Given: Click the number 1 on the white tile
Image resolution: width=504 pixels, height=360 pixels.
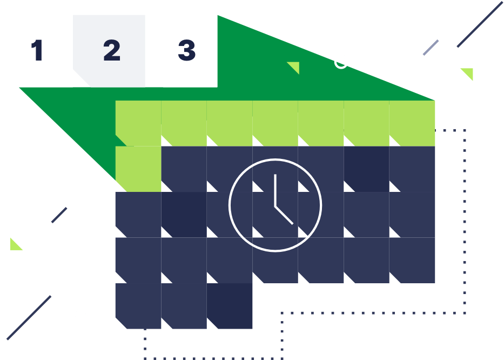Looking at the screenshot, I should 37,51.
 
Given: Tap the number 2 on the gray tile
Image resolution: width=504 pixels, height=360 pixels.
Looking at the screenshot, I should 111,51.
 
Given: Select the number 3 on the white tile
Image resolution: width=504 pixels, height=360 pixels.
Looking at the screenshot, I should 186,51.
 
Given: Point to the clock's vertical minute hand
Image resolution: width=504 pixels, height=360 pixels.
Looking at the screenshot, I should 275,190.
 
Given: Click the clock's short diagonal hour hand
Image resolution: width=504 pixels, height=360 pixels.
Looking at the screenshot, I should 284,215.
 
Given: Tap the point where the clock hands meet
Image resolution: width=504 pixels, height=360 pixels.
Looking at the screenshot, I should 275,206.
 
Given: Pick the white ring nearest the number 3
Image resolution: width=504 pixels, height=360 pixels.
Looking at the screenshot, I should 341,62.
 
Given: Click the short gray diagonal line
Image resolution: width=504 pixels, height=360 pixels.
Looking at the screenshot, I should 431,48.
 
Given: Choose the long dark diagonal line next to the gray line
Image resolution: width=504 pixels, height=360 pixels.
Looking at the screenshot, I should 480,24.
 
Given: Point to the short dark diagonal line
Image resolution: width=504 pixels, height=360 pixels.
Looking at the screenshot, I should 59,215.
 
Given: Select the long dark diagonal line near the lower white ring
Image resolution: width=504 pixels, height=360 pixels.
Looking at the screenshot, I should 29,318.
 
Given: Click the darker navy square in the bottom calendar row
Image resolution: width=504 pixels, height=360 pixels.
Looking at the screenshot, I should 230,306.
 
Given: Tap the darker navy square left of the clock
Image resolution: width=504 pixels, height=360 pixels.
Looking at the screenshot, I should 184,215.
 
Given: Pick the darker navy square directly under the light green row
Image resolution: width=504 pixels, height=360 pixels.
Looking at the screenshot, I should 366,169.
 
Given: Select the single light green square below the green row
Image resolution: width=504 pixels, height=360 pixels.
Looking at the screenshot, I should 138,169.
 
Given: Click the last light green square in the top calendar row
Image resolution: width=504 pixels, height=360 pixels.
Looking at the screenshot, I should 412,123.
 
